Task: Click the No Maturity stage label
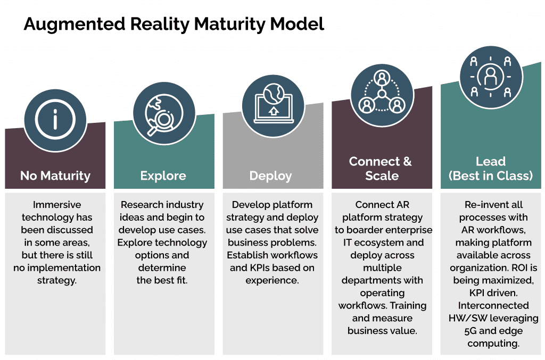(x=55, y=175)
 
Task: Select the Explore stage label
(x=163, y=175)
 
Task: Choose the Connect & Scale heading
(x=381, y=168)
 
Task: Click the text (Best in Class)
(x=491, y=175)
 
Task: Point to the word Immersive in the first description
(x=55, y=205)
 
